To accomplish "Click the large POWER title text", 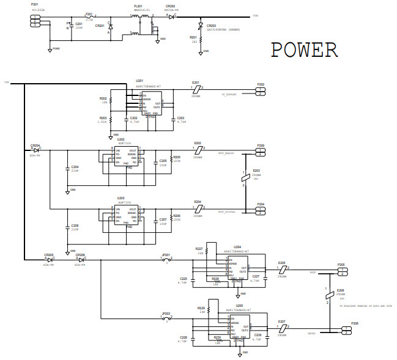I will [304, 50].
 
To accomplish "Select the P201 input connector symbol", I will [35, 20].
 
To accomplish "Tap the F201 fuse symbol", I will [89, 17].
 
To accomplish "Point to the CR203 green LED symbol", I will [201, 26].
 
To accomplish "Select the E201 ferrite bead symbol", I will [196, 89].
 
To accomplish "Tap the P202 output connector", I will [261, 92].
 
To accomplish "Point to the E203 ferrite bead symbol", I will [245, 178].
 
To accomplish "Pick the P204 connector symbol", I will [261, 211].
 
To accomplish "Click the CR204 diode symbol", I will [36, 150].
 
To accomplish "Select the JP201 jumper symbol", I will [166, 260].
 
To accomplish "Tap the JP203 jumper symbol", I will [166, 317].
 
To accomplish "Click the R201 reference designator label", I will [193, 37].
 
